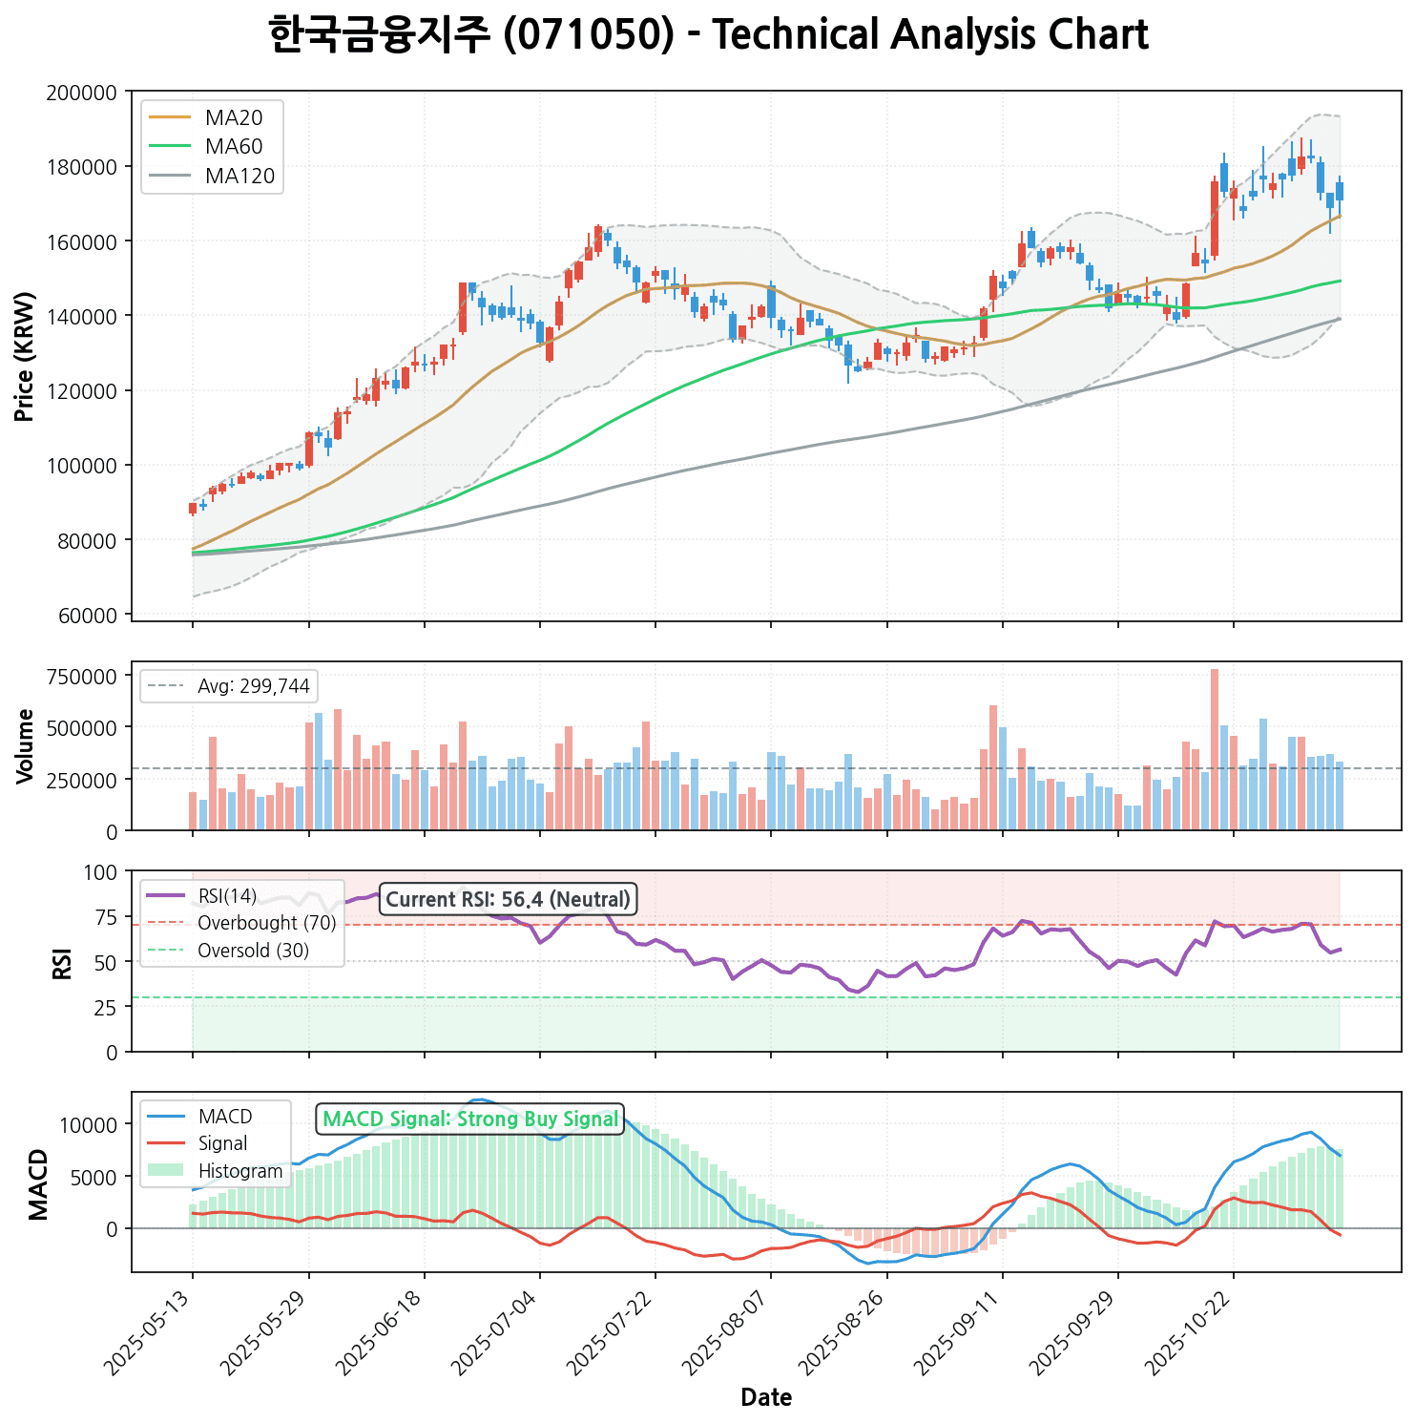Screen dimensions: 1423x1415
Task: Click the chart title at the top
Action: point(708,36)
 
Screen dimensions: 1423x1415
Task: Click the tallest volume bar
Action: point(1215,749)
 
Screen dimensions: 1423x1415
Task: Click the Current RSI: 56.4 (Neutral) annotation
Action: point(509,899)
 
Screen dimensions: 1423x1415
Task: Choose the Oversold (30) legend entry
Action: point(253,951)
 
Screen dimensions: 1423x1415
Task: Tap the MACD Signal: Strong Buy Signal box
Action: point(470,1119)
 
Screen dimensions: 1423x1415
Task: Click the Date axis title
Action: point(766,1398)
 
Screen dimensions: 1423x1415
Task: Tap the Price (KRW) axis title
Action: point(26,356)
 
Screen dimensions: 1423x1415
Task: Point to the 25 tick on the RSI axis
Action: point(105,1008)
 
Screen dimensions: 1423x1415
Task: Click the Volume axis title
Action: point(26,746)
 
